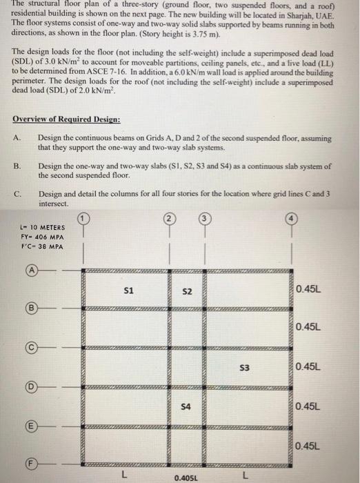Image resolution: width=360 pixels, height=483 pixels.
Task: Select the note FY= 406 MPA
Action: pyautogui.click(x=43, y=237)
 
